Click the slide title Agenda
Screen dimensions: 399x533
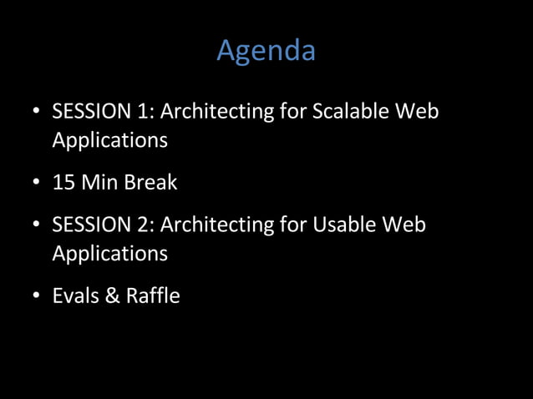(266, 51)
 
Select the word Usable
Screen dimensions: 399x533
(345, 225)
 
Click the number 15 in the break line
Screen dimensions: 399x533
(63, 182)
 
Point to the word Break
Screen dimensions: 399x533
(151, 182)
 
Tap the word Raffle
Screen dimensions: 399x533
(153, 295)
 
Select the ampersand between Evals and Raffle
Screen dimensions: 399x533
(113, 295)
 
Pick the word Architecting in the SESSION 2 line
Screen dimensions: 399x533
(217, 225)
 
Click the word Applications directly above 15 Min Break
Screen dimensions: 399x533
(109, 140)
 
